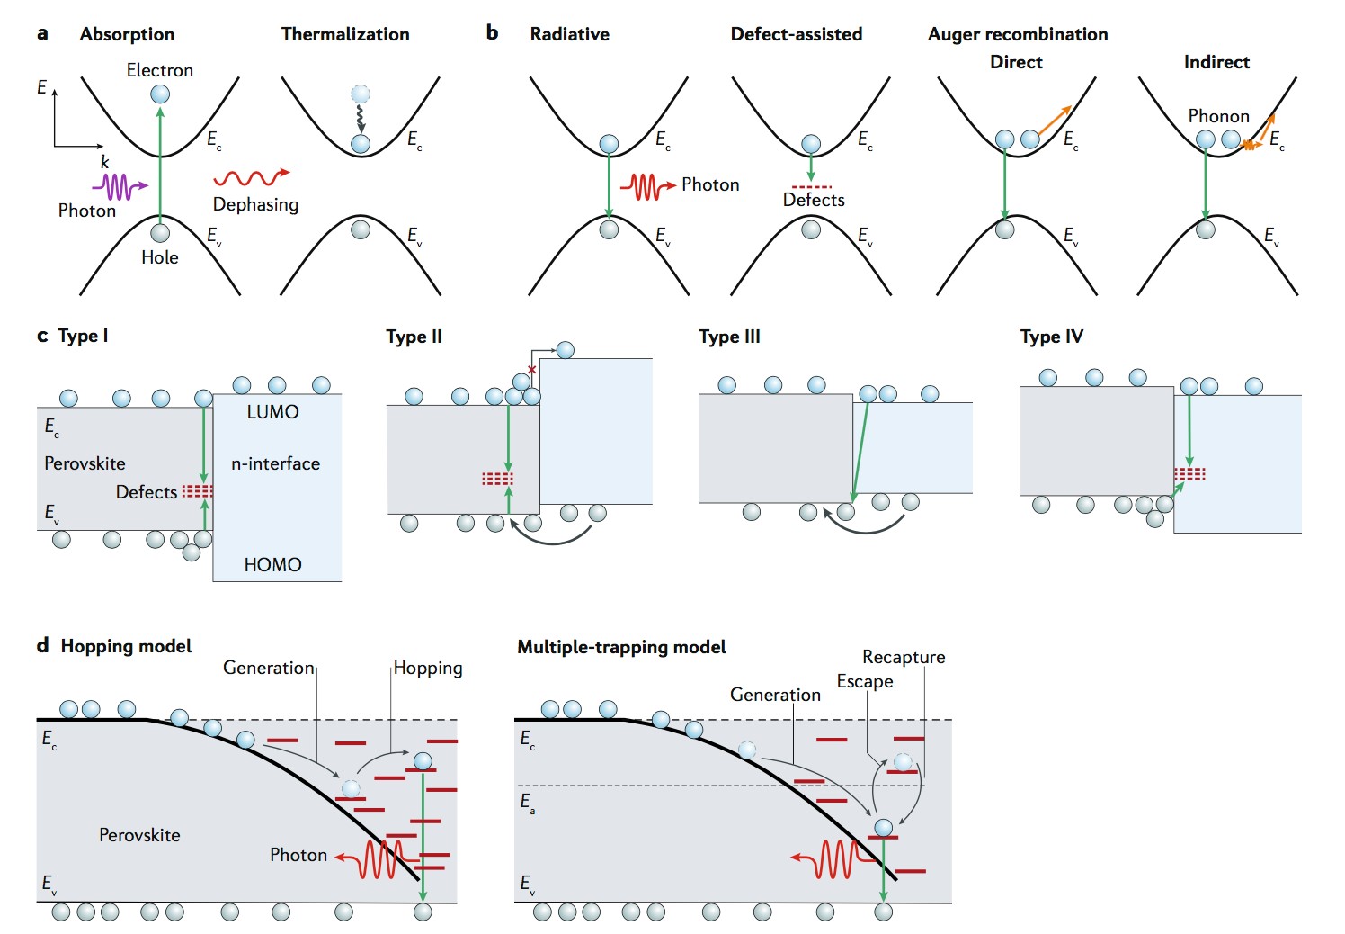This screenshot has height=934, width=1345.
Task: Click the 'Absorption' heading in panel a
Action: (127, 34)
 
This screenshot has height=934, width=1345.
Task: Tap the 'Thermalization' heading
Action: (345, 34)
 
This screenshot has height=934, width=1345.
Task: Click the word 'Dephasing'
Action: (255, 204)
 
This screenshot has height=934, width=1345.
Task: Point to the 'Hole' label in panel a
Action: (160, 257)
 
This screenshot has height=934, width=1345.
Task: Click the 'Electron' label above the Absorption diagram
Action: (159, 70)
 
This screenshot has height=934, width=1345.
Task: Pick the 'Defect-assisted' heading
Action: (796, 34)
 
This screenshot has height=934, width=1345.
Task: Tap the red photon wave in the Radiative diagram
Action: (646, 186)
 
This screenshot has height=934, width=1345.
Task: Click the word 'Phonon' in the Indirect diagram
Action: (1218, 116)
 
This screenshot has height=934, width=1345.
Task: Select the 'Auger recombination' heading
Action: (1018, 34)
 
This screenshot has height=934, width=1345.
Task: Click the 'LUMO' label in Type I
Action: (272, 412)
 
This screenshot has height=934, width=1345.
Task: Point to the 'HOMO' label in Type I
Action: (272, 565)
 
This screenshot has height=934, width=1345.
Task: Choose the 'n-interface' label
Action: (275, 463)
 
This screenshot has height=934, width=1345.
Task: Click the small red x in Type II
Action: (531, 370)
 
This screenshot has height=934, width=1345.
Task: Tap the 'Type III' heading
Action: (729, 337)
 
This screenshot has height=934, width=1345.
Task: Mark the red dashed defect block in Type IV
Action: (1189, 474)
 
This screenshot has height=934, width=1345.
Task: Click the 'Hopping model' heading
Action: (126, 646)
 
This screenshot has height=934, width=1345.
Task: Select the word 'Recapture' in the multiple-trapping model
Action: (904, 657)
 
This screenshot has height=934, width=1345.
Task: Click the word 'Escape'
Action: (865, 681)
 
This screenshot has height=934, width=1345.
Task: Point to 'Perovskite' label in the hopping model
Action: (139, 835)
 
